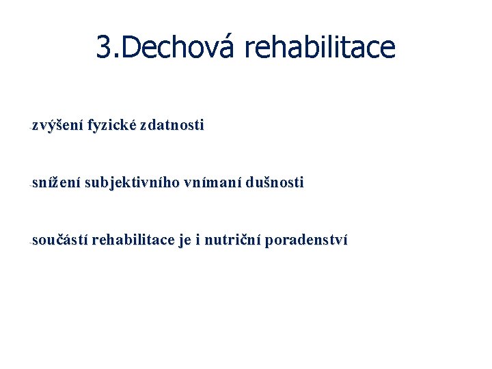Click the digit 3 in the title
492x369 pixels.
[x=104, y=47]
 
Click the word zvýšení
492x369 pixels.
[x=57, y=126]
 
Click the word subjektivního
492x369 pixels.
[x=133, y=183]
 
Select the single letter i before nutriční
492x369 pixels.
[x=199, y=241]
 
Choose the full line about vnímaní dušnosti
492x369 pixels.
[x=167, y=183]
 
